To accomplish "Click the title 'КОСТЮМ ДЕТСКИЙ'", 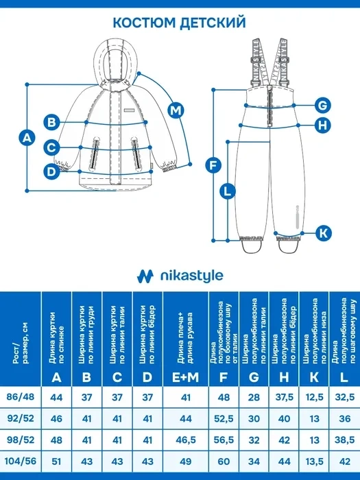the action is (180, 23).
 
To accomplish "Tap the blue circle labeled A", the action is (27, 138).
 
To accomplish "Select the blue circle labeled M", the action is (176, 110).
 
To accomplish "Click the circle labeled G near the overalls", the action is (323, 106).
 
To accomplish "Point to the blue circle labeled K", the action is (323, 233).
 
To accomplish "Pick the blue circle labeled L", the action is (227, 191).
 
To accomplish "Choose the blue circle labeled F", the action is (213, 165).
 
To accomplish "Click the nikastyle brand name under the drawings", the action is (191, 276).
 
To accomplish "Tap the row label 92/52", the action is (21, 418).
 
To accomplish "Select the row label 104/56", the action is (21, 461).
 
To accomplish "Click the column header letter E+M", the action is (186, 378).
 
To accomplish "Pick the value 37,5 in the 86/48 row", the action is (284, 397).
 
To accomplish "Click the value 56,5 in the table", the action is (224, 440).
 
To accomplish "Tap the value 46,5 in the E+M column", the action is (186, 440).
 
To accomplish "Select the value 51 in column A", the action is (56, 461).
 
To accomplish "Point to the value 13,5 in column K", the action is (314, 461).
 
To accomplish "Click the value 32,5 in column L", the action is (345, 397).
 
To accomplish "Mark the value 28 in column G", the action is (254, 397).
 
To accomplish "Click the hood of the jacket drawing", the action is (115, 63).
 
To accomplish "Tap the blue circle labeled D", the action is (51, 171).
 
